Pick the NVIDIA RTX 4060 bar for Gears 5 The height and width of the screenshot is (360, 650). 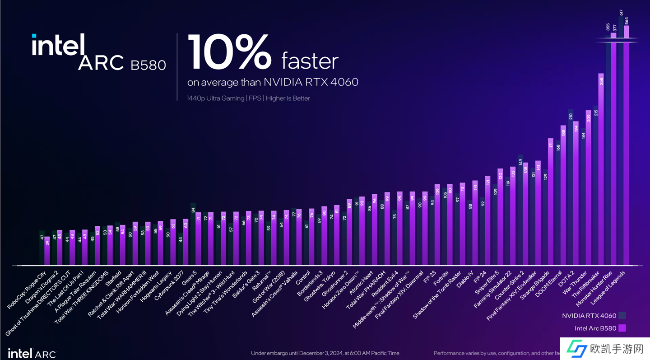click(x=193, y=235)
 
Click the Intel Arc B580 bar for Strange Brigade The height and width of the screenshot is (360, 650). click(x=550, y=203)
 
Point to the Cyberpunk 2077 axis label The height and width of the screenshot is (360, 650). click(x=170, y=285)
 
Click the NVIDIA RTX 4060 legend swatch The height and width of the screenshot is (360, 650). click(x=622, y=316)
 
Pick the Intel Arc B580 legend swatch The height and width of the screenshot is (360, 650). click(x=622, y=328)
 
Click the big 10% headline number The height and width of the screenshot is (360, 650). click(x=229, y=53)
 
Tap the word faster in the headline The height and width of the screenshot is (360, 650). click(x=310, y=61)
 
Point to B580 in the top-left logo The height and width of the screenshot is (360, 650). click(x=148, y=65)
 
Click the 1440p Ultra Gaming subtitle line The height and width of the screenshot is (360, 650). click(x=248, y=98)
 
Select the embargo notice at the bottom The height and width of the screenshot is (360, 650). click(x=325, y=353)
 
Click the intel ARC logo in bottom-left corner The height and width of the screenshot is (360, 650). click(x=32, y=353)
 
